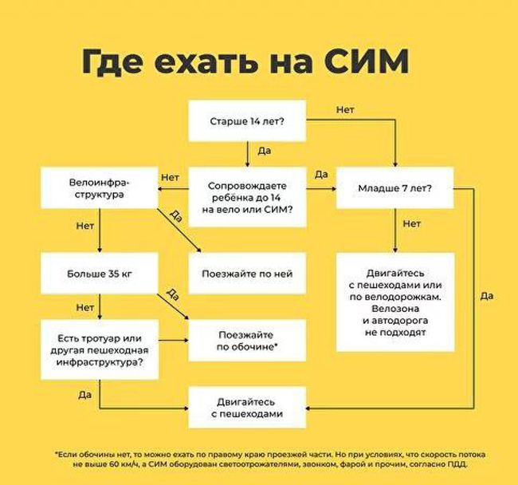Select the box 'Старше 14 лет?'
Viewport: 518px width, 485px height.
point(247,120)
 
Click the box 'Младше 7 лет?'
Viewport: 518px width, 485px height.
point(396,189)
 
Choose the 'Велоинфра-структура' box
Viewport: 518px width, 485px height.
point(100,188)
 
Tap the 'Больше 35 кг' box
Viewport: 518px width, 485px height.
point(100,274)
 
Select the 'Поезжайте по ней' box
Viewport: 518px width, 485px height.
point(247,274)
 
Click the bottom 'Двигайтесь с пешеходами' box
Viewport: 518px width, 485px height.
point(247,408)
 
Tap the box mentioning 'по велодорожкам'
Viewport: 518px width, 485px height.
point(396,302)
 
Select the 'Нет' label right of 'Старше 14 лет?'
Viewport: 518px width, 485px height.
point(345,109)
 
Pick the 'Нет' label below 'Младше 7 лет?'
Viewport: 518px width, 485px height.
point(411,224)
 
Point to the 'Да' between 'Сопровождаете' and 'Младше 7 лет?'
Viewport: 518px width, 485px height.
point(322,175)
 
